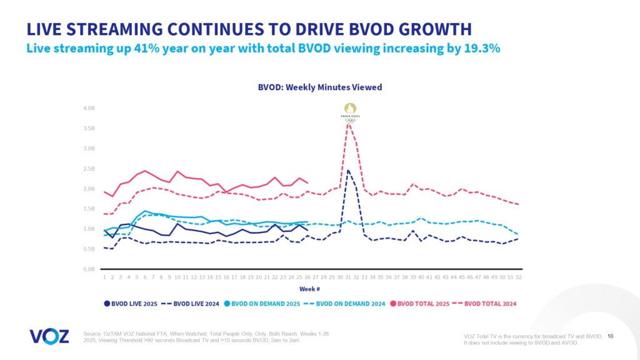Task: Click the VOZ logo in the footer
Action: click(x=49, y=336)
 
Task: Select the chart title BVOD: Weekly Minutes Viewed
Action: click(x=319, y=87)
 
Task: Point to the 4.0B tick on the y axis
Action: click(x=88, y=109)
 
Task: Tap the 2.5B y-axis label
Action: click(x=88, y=169)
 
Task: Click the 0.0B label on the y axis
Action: click(x=88, y=269)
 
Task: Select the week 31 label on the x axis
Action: click(x=347, y=277)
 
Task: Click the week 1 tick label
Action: click(x=104, y=277)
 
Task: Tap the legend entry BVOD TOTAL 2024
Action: click(x=486, y=304)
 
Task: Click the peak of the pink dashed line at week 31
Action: click(x=348, y=123)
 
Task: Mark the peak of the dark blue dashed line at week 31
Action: click(x=348, y=170)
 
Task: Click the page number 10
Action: click(x=611, y=336)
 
